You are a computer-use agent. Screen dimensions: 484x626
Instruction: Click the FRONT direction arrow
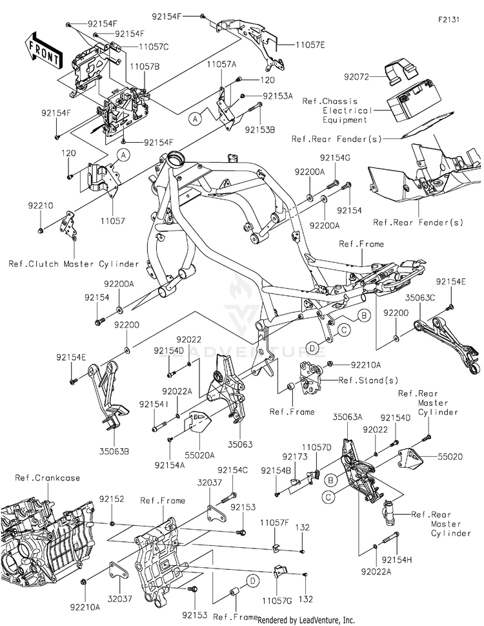[x=42, y=50]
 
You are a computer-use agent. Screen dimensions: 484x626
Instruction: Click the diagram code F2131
[x=449, y=19]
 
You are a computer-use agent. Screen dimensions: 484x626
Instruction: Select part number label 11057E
[x=310, y=45]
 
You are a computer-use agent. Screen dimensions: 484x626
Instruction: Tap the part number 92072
[x=356, y=76]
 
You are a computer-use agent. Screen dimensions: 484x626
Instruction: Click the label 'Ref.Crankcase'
[x=48, y=477]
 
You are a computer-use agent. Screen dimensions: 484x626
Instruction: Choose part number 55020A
[x=199, y=455]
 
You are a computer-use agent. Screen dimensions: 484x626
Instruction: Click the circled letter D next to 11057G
[x=253, y=581]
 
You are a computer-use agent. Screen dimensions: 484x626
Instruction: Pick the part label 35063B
[x=114, y=452]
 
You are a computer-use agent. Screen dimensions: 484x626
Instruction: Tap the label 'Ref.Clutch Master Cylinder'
[x=74, y=264]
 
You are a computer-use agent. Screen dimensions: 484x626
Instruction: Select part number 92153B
[x=260, y=130]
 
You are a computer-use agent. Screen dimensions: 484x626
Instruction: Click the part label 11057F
[x=274, y=523]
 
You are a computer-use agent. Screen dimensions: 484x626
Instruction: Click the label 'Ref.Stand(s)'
[x=368, y=380]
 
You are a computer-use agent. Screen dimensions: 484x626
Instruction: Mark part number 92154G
[x=336, y=158]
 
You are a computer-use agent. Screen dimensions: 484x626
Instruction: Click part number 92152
[x=112, y=499]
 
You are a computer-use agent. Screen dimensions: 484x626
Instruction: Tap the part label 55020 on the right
[x=450, y=457]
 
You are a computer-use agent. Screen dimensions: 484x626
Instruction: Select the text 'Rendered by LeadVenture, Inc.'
[x=306, y=620]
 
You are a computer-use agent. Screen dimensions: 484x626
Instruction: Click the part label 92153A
[x=278, y=96]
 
